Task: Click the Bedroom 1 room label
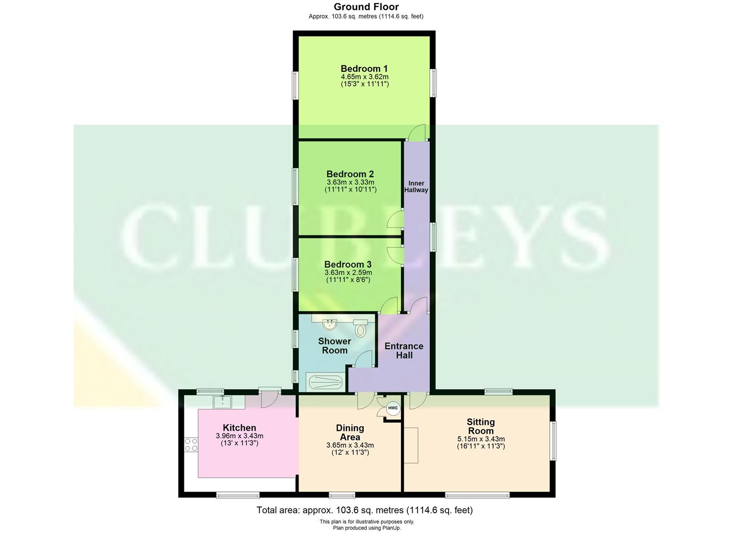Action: pyautogui.click(x=364, y=69)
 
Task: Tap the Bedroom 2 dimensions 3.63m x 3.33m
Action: pyautogui.click(x=350, y=182)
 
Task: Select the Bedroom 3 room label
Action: pyautogui.click(x=347, y=265)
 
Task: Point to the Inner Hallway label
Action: pyautogui.click(x=416, y=186)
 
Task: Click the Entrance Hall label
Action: pyautogui.click(x=404, y=351)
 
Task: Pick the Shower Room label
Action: pyautogui.click(x=335, y=346)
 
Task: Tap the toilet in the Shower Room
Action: pyautogui.click(x=361, y=328)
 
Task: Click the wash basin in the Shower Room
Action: pyautogui.click(x=330, y=324)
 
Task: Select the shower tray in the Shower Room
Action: pyautogui.click(x=324, y=382)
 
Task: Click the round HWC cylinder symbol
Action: pyautogui.click(x=393, y=408)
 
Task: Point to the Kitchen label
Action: pyautogui.click(x=239, y=428)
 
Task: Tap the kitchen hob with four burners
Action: pyautogui.click(x=191, y=445)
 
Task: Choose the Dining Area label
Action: pyautogui.click(x=350, y=432)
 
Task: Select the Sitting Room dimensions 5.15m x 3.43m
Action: pyautogui.click(x=481, y=439)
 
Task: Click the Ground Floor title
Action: pyautogui.click(x=366, y=7)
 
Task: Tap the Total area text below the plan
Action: pyautogui.click(x=364, y=510)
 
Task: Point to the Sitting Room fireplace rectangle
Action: pyautogui.click(x=411, y=445)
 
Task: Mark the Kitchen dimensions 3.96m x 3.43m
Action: pyautogui.click(x=239, y=436)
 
